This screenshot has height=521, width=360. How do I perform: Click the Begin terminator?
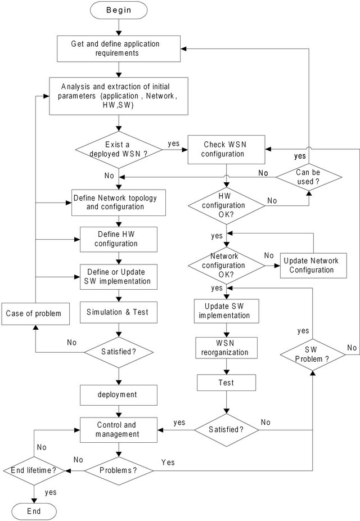coord(119,10)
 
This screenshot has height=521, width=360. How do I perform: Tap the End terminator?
coord(34,510)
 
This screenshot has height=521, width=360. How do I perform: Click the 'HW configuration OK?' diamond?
coord(226,204)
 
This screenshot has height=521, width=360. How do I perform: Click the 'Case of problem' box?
coord(36,313)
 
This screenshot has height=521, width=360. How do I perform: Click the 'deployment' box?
coord(118,395)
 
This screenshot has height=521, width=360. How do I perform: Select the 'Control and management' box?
coord(118,429)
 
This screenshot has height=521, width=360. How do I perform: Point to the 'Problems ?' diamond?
coord(118,469)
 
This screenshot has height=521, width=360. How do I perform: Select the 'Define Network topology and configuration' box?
coord(119,202)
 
